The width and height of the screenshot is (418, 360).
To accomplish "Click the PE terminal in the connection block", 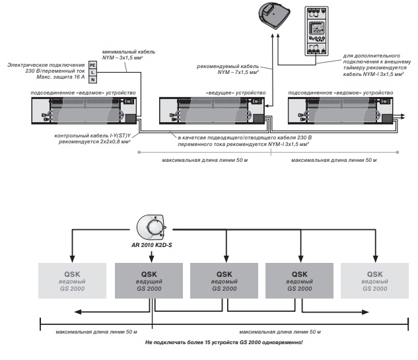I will point(92,64).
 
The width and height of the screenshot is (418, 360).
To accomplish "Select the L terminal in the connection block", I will point(92,72).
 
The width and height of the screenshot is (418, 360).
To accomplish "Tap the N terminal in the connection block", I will point(92,79).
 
